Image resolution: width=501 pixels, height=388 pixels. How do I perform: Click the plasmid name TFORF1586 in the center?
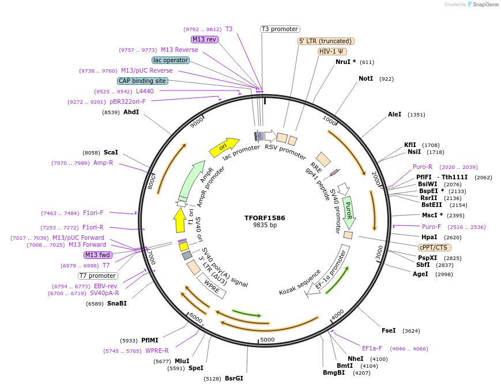[265, 218]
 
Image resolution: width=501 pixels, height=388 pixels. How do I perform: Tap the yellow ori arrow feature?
[224, 147]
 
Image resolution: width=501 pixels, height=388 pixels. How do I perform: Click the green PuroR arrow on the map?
[348, 211]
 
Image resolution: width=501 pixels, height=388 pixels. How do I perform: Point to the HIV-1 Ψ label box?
[332, 51]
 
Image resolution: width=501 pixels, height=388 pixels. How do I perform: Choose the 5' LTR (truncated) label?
[325, 41]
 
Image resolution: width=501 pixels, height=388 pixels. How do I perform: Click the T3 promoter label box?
[280, 29]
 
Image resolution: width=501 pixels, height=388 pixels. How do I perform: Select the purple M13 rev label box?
[205, 39]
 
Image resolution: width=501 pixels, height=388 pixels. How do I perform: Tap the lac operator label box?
[171, 60]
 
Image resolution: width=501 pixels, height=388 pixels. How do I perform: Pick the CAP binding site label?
[142, 81]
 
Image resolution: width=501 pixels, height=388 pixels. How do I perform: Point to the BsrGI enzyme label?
[234, 379]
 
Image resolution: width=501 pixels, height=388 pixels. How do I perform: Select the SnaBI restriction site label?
[117, 303]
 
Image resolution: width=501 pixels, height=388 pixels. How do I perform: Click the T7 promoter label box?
[97, 276]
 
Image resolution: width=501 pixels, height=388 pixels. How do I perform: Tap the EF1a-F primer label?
[372, 348]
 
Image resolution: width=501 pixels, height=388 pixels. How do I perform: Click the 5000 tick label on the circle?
[268, 340]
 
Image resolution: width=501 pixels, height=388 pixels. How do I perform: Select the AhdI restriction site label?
[131, 112]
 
